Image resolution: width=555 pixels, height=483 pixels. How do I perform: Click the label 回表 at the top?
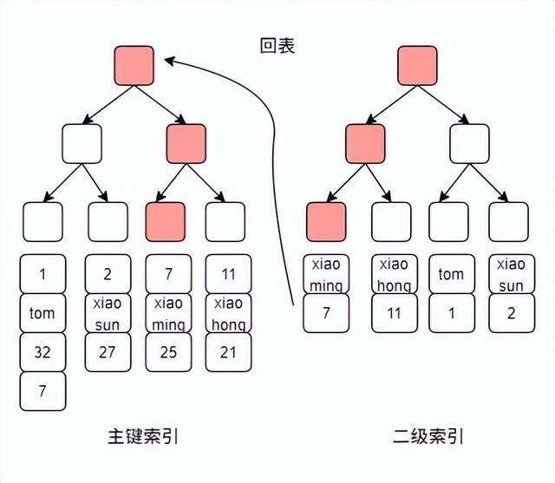[x=277, y=45]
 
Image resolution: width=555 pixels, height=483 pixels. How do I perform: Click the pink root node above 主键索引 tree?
[x=134, y=66]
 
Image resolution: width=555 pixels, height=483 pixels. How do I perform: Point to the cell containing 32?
[x=42, y=352]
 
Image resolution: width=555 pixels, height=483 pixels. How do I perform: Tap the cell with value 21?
[x=227, y=352]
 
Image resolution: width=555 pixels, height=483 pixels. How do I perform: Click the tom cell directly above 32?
[x=42, y=313]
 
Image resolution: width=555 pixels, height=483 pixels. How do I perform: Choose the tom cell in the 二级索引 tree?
[x=451, y=274]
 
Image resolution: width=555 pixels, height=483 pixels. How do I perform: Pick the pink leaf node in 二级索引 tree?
[x=326, y=221]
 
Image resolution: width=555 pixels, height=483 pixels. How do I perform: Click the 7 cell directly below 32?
[x=42, y=391]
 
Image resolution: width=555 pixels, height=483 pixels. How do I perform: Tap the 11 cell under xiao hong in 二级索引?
[x=392, y=313]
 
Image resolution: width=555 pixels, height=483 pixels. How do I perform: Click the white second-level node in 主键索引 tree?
[x=82, y=143]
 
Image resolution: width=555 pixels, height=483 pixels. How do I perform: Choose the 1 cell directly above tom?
[x=42, y=274]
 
